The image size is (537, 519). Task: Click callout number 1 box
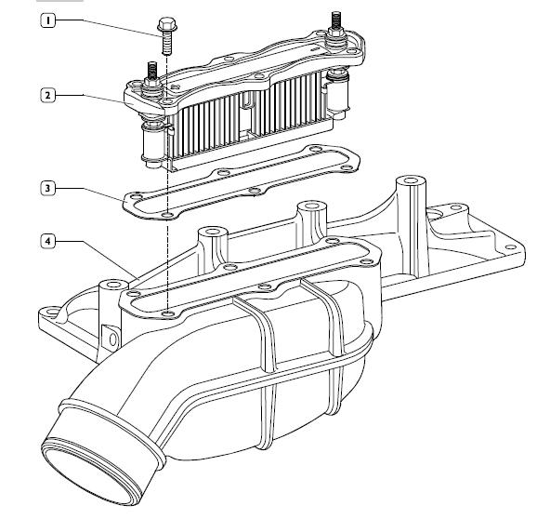pyautogui.click(x=48, y=20)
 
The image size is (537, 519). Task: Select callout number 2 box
pyautogui.click(x=48, y=95)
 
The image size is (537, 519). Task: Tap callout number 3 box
pyautogui.click(x=48, y=188)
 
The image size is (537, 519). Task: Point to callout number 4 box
pyautogui.click(x=48, y=241)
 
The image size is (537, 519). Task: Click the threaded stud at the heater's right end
pyautogui.click(x=335, y=20)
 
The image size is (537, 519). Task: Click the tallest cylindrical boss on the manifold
pyautogui.click(x=411, y=226)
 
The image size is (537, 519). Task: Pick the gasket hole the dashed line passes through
pyautogui.click(x=167, y=214)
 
